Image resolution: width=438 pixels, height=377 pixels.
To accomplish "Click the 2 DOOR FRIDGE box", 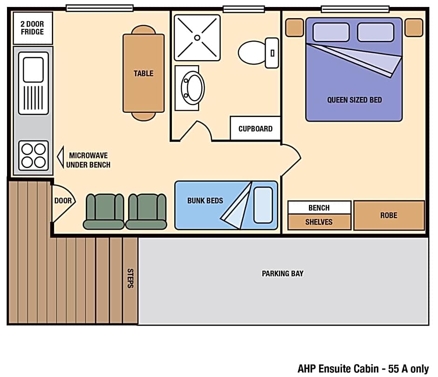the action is (33, 28).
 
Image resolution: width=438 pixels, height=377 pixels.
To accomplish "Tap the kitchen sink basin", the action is (33, 69).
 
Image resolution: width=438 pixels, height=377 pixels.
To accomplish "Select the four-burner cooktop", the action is (34, 155).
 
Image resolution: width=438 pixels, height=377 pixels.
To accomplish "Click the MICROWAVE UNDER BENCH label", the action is (88, 160).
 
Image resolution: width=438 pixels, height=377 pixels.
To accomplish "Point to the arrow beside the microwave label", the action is (60, 157).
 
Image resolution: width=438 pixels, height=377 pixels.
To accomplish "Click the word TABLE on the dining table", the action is (144, 74).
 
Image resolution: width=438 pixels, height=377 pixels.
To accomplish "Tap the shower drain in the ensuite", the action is (197, 38).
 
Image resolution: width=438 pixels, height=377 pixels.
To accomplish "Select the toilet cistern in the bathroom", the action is (272, 53).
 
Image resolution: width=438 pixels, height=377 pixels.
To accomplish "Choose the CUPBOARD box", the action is (255, 128).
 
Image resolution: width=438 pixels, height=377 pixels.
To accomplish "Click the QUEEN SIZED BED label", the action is (355, 100).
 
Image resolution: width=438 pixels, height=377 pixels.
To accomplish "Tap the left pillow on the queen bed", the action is (331, 32).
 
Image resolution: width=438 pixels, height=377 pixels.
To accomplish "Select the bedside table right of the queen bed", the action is (414, 27).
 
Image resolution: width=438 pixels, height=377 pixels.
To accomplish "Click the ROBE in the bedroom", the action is (389, 215).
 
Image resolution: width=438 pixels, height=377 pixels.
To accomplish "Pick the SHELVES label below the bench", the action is (319, 222).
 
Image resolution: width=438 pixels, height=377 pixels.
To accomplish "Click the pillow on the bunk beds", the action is (263, 205).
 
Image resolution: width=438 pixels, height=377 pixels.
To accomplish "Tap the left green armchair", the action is (103, 212).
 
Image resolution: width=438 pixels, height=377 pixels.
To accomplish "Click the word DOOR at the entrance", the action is (63, 201).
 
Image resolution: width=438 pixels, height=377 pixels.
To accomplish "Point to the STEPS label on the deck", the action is (130, 278).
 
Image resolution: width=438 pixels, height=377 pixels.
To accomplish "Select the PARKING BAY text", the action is (283, 274).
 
